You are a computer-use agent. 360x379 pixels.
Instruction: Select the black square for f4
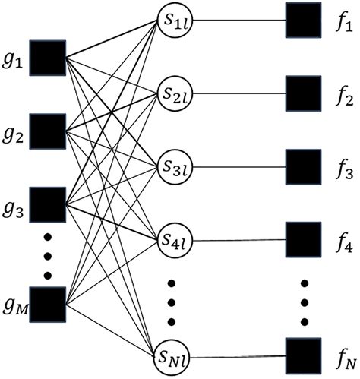(x=301, y=240)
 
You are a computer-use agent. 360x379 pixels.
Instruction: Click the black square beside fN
(x=301, y=354)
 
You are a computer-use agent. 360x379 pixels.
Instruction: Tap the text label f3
(x=342, y=174)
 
